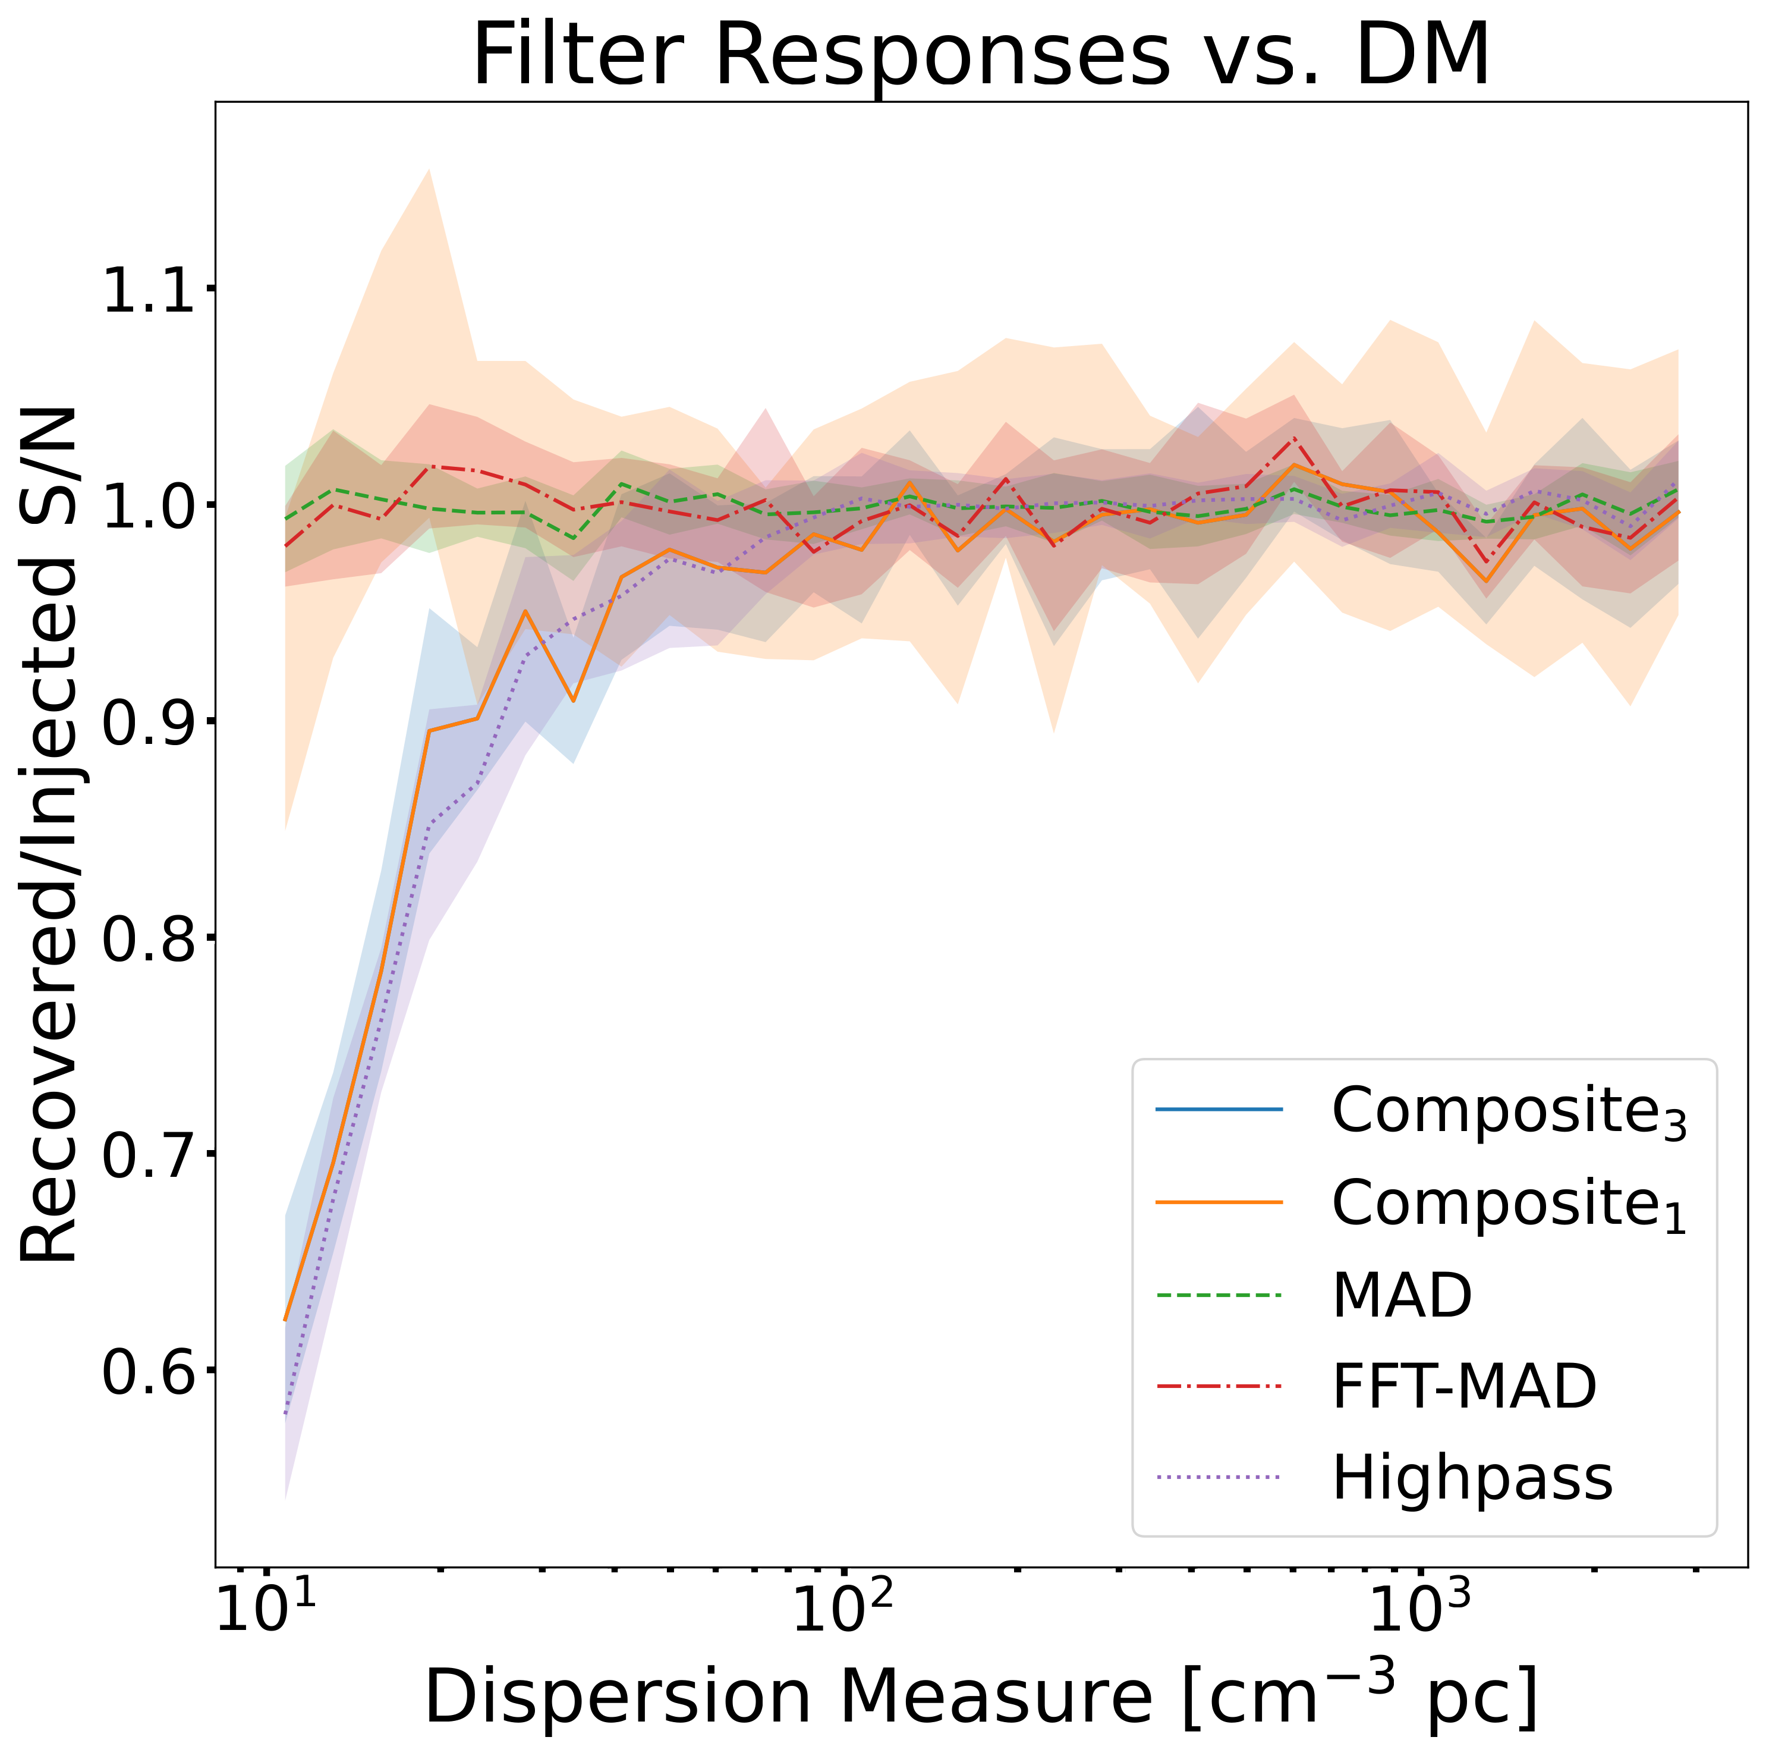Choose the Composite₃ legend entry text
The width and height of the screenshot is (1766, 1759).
(x=1508, y=1113)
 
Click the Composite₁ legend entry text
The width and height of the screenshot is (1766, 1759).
(x=1508, y=1204)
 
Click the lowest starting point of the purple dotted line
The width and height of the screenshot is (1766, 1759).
(x=286, y=1416)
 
